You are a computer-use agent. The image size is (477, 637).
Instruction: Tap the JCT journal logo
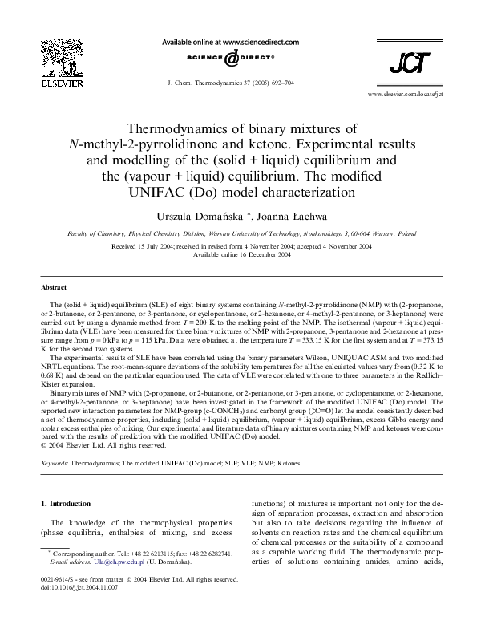(409, 63)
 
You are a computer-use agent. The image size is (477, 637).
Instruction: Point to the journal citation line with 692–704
(229, 83)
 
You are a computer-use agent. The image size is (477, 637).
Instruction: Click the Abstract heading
(54, 287)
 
